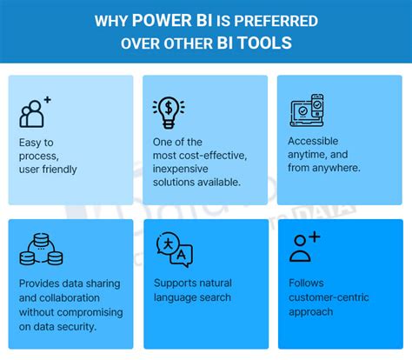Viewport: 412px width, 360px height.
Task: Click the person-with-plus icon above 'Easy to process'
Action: (x=35, y=111)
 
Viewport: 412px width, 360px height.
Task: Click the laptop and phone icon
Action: (x=306, y=110)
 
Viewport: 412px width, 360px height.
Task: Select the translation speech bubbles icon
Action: (x=173, y=250)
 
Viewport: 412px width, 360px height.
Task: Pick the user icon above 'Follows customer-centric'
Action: (x=304, y=248)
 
